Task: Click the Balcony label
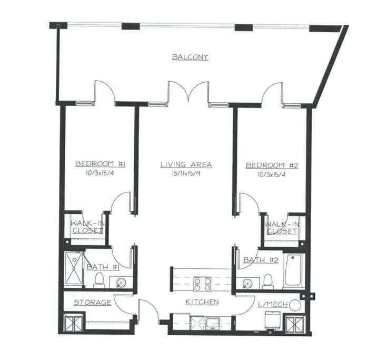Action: [190, 57]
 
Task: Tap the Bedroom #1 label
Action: [100, 164]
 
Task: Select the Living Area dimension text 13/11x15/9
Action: [186, 173]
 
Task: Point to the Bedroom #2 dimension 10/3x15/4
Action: [272, 174]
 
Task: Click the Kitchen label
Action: [202, 302]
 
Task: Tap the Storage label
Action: [93, 303]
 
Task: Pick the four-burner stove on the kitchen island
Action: [202, 284]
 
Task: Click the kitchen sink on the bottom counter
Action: [213, 323]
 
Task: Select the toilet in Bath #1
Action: [100, 280]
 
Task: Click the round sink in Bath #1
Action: [122, 283]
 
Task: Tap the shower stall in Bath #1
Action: [74, 270]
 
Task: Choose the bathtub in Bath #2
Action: [293, 271]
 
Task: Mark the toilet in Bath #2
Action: [268, 281]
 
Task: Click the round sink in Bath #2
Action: [247, 284]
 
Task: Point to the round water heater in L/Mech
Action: [295, 305]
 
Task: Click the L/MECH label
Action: [273, 305]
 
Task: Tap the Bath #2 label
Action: [261, 260]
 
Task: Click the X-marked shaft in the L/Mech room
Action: [295, 324]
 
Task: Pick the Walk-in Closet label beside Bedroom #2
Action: [282, 228]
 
